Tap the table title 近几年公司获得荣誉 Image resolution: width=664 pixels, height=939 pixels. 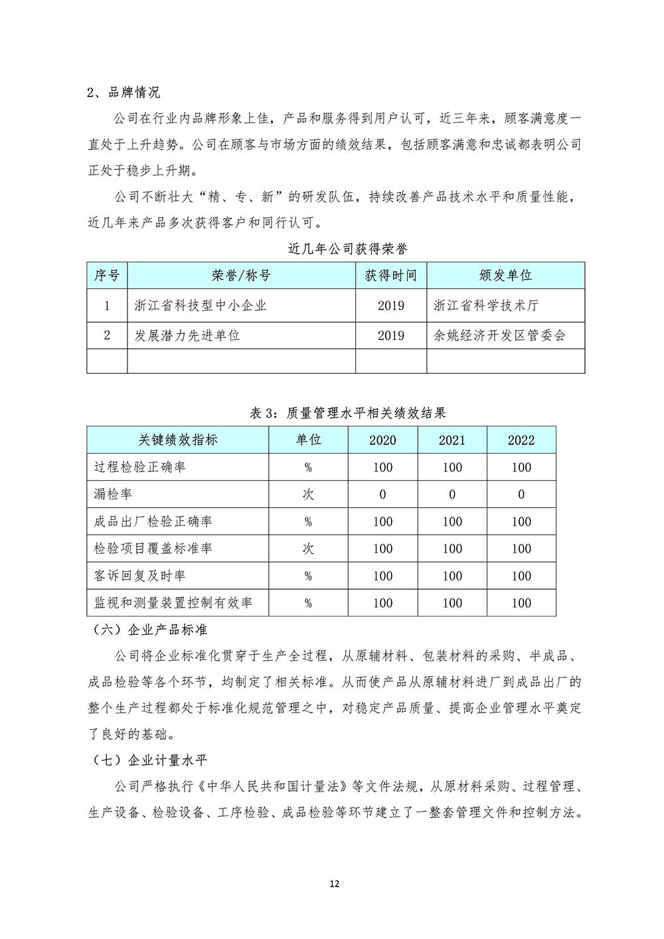tap(348, 249)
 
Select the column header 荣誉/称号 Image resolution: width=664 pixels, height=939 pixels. tap(241, 276)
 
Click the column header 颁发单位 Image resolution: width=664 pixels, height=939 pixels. tap(505, 276)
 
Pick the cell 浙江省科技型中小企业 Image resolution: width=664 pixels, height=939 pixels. tap(200, 305)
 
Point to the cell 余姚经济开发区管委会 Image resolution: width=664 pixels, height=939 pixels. tap(499, 335)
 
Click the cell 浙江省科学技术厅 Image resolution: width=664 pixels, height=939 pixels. tap(486, 305)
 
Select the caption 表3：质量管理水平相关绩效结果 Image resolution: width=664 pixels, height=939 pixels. tap(347, 413)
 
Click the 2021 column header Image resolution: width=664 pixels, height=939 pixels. tap(452, 440)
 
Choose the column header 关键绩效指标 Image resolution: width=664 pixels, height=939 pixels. tap(177, 440)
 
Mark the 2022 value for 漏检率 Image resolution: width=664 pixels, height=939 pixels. tap(521, 495)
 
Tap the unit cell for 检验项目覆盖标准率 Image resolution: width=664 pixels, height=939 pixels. tap(308, 549)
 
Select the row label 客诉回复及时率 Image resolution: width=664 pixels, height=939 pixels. tap(139, 576)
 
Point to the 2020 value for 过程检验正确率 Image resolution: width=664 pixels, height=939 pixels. tap(382, 468)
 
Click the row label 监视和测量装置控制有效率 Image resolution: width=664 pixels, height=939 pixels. tap(173, 604)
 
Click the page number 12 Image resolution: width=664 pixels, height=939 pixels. tap(335, 884)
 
